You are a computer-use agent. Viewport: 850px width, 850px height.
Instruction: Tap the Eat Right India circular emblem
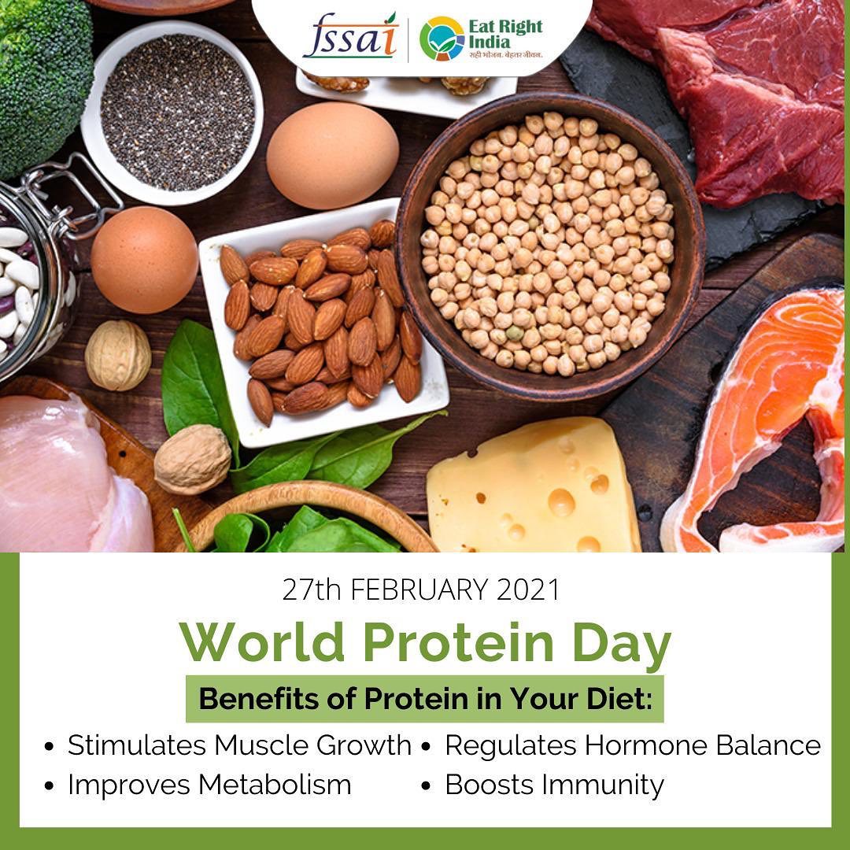point(442,39)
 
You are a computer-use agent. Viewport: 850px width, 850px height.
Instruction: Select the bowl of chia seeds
point(172,113)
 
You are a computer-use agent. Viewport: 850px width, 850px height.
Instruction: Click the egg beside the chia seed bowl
point(332,156)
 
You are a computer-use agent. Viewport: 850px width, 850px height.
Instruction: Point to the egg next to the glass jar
point(144,260)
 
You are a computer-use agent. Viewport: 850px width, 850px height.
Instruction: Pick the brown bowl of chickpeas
point(549,246)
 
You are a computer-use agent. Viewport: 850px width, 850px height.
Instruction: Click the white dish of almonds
point(323,323)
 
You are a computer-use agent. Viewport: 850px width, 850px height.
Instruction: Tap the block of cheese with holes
point(534,486)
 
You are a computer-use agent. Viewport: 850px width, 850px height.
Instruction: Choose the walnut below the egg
point(118,355)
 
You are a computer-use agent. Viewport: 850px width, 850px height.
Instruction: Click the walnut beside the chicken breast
point(193,459)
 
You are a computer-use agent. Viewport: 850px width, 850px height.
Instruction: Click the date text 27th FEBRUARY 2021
point(420,589)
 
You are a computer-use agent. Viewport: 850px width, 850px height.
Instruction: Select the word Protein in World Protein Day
point(458,642)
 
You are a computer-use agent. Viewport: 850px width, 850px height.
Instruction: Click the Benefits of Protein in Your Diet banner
point(425,699)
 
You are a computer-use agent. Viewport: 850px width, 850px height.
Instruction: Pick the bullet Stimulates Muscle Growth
point(227,746)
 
